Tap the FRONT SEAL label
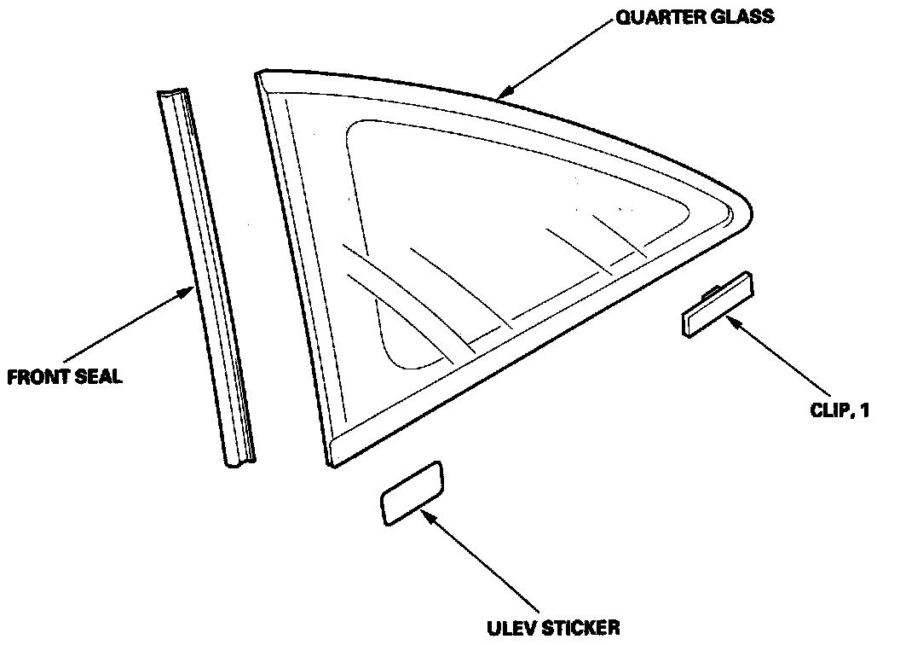(x=64, y=376)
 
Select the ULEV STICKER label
(x=553, y=629)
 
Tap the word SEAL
(x=98, y=376)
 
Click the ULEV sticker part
(x=412, y=492)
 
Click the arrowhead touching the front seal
(x=191, y=293)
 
